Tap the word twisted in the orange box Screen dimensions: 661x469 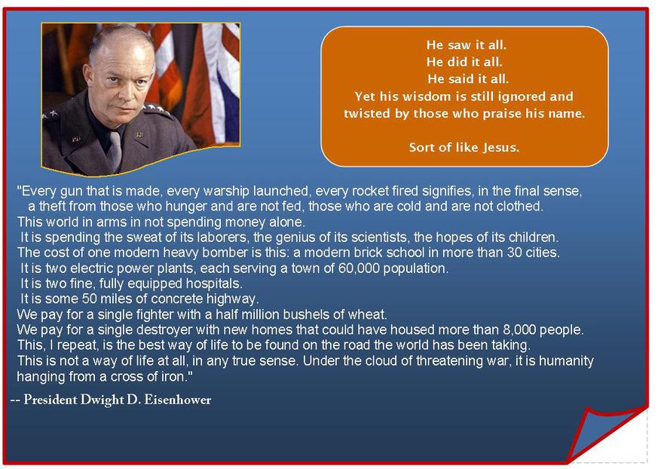[x=367, y=113]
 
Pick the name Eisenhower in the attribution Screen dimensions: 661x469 [x=178, y=400]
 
